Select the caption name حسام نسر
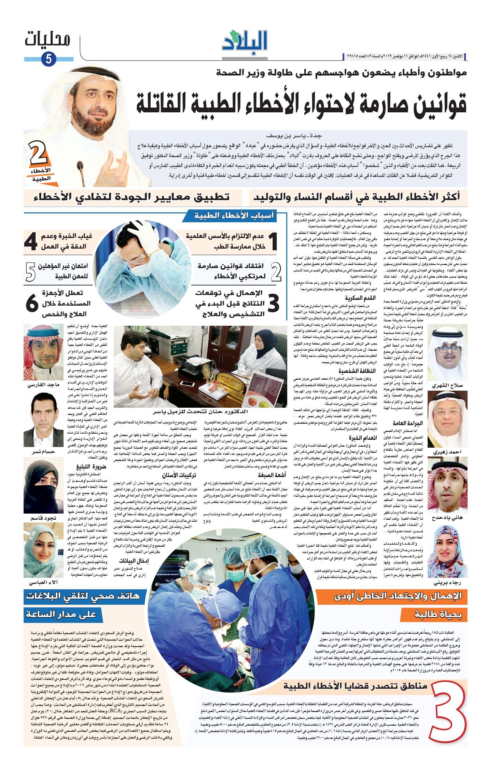(x=43, y=451)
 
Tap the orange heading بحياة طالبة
(x=438, y=615)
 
